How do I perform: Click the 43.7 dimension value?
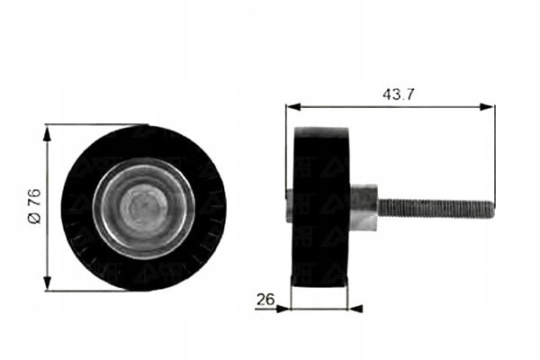tap(398, 94)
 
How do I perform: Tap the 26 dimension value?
tap(265, 299)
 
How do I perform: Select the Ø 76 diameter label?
tap(35, 207)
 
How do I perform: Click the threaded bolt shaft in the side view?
tap(436, 209)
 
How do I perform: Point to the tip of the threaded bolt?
tap(493, 209)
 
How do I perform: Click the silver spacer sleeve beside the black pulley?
tap(364, 207)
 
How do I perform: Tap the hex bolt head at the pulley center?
tap(144, 209)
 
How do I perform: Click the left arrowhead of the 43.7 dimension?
tap(293, 106)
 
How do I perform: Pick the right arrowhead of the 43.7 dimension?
tap(487, 107)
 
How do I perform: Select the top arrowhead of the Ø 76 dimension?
tap(47, 132)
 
